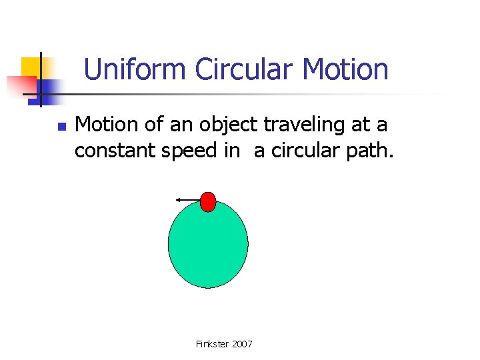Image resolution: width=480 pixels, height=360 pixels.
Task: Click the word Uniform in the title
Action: tap(136, 69)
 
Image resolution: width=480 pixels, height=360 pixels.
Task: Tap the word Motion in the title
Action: tap(345, 69)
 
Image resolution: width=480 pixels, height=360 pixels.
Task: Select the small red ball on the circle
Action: tap(208, 201)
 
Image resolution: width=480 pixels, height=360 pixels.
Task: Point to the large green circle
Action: tap(208, 247)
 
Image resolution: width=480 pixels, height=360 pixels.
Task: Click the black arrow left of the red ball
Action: tap(188, 199)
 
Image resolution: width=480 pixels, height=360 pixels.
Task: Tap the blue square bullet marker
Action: tap(61, 126)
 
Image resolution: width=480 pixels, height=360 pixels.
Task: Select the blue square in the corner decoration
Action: tap(48, 87)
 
